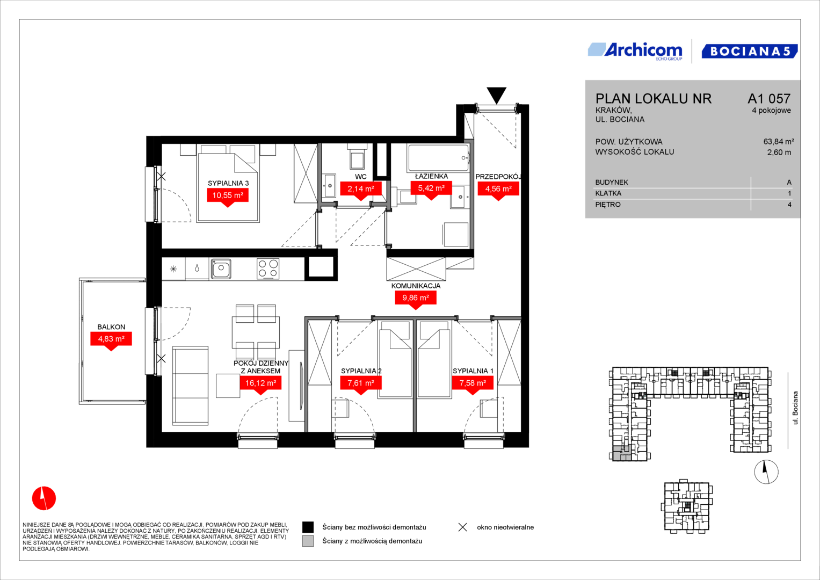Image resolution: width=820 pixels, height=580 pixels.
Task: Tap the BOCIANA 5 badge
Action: tap(750, 51)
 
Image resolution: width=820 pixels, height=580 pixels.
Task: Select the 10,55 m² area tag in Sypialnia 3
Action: tap(228, 195)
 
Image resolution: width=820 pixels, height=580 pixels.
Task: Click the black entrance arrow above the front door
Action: tap(496, 95)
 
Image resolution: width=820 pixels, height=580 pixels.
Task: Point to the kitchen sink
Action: tap(221, 269)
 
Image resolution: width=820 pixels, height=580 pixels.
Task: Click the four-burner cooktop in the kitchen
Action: tap(268, 269)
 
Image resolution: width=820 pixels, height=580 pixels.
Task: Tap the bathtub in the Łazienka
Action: tap(438, 158)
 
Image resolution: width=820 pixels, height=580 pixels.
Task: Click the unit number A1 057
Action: tap(769, 98)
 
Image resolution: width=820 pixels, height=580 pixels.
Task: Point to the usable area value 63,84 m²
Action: tap(779, 141)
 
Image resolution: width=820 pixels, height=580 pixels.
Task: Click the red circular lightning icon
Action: tap(44, 498)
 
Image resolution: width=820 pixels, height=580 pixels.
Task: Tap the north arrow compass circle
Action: tap(766, 472)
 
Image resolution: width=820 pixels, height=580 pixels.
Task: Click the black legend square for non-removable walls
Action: tap(308, 527)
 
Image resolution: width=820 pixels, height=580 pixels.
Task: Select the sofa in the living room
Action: tap(190, 386)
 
